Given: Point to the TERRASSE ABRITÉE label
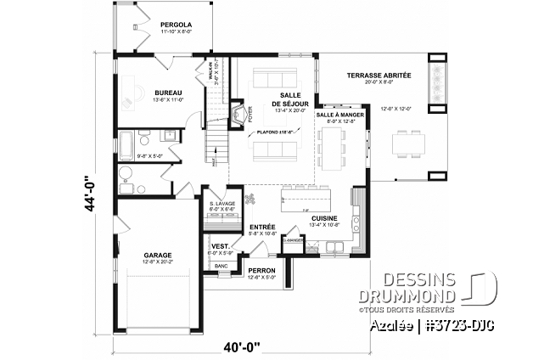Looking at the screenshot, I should point(379,76).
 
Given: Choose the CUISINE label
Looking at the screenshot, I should point(324,218).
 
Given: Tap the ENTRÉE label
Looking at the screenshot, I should point(262,227).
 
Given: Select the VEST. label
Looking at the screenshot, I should point(221,246).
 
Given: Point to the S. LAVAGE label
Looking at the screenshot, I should point(222,203).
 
